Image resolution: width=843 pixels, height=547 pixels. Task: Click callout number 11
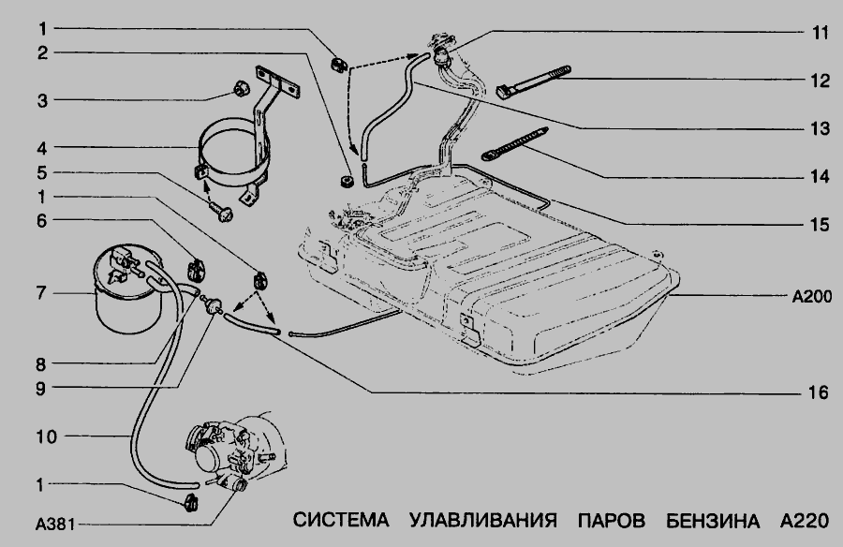coord(821,32)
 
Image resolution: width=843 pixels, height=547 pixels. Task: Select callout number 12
coord(821,81)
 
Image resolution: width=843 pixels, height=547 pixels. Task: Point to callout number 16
coord(821,393)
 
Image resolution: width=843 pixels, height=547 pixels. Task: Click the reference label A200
coord(810,296)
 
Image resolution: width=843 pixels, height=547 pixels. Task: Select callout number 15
coord(821,225)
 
